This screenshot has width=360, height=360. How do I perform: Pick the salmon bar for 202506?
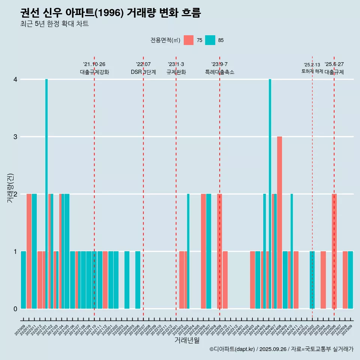point(334,251)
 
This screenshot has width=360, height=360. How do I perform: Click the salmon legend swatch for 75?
point(189,40)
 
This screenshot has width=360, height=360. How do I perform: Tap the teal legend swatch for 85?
point(210,40)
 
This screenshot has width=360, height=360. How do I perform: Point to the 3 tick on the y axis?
point(15,137)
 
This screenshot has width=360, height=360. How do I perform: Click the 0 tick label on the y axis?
point(15,309)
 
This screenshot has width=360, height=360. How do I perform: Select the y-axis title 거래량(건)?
point(10,188)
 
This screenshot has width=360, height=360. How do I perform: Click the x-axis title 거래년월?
point(187,340)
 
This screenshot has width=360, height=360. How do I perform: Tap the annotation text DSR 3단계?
point(143,72)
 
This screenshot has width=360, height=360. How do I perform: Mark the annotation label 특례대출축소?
point(220,72)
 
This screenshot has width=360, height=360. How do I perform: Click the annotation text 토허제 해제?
point(312,71)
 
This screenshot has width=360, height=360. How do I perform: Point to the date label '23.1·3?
point(176,64)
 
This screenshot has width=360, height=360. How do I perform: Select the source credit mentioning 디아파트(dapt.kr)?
point(281,349)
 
